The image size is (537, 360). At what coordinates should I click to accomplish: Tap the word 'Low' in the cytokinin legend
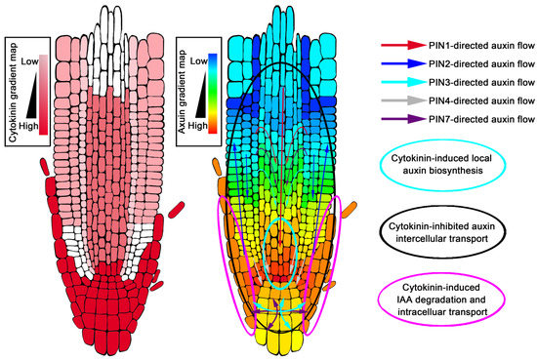point(30,62)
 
